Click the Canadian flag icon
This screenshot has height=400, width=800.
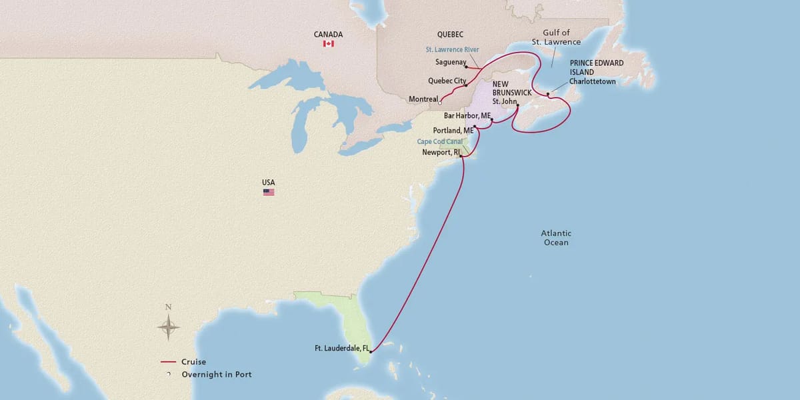pos(328,43)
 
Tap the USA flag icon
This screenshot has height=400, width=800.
pos(269,192)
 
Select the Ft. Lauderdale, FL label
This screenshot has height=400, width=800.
pos(341,348)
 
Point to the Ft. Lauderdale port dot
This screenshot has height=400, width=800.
pos(370,351)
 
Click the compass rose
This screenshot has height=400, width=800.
pos(169,327)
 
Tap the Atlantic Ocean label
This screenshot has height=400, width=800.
pos(555,238)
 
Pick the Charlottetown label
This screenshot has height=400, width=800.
pos(593,81)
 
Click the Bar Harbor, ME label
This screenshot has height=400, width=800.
pos(467,115)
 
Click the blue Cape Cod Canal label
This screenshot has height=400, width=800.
pos(439,141)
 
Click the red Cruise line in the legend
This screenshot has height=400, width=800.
pos(167,362)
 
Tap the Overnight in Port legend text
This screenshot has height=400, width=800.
pos(217,375)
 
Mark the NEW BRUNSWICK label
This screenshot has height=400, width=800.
pos(511,89)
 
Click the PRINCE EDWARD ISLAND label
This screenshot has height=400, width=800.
pos(597,67)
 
